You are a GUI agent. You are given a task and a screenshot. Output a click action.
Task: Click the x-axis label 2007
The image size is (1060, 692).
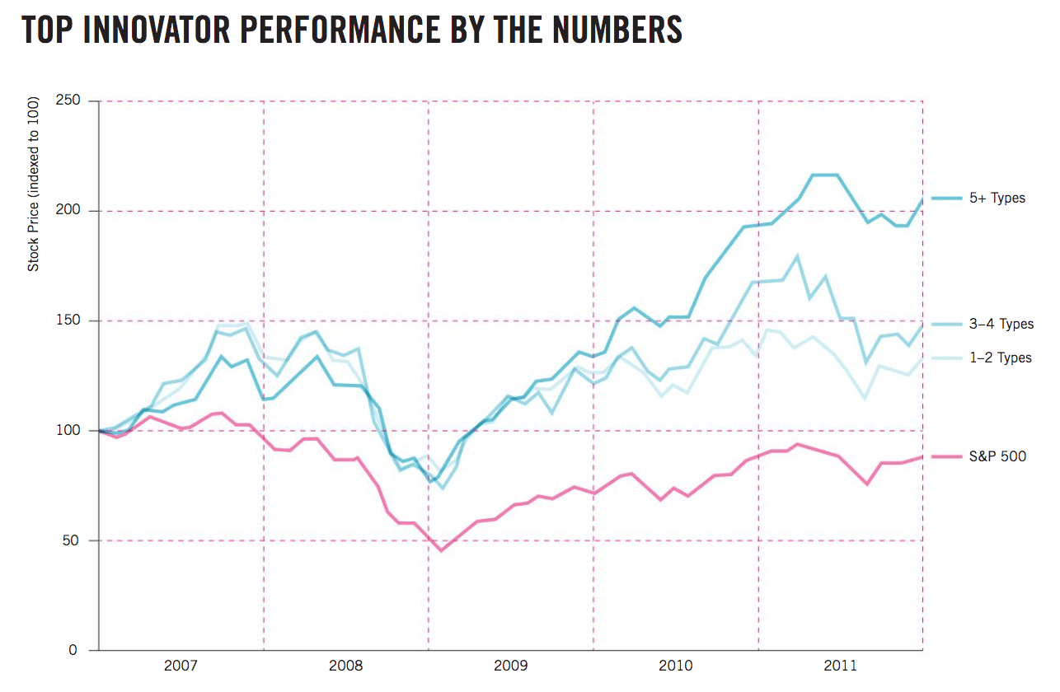(181, 665)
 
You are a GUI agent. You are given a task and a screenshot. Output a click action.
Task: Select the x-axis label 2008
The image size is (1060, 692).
(345, 665)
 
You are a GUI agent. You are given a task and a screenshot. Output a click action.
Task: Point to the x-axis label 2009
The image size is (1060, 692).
(510, 665)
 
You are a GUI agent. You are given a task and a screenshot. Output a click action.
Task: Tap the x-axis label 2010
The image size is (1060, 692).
(675, 665)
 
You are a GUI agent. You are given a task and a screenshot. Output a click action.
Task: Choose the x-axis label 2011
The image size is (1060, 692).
(840, 665)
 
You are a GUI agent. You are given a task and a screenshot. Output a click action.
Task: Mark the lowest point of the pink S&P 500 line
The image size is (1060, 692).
(441, 550)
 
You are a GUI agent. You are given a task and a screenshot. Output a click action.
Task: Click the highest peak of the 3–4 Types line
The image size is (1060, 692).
(797, 256)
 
